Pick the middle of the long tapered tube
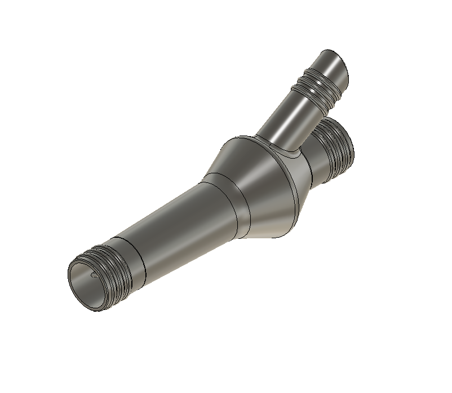(180, 220)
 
